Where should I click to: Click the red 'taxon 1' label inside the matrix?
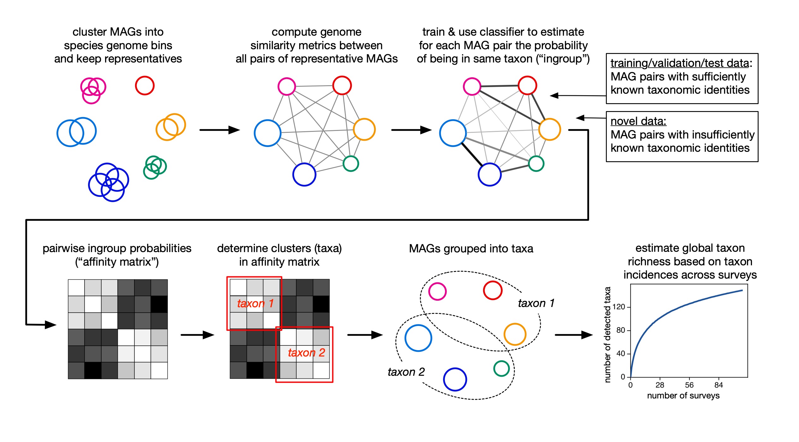coord(255,304)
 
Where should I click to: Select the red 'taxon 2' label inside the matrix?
coord(306,353)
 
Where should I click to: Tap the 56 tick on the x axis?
coord(689,385)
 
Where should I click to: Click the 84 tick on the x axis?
coord(719,385)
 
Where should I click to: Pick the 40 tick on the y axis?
coord(620,354)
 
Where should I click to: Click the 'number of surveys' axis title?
coord(683,396)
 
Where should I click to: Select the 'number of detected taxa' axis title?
coord(607,334)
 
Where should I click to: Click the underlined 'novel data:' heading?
coord(638,121)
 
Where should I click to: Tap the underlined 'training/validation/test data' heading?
coord(679,63)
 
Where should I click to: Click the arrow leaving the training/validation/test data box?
coord(577,95)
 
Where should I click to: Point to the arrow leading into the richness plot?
coord(573,335)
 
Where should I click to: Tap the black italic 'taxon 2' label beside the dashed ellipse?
coord(406,372)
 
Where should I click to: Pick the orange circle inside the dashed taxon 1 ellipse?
coord(515,334)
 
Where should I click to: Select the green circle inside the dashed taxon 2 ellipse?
coord(501,368)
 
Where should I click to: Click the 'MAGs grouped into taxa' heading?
coord(471,249)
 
